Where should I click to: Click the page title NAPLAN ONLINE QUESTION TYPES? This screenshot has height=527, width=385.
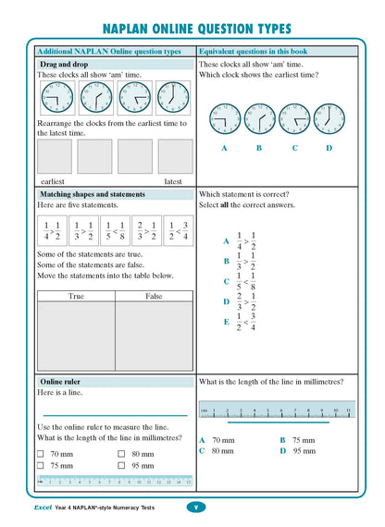click(192, 29)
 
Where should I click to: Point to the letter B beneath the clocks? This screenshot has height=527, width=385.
click(258, 147)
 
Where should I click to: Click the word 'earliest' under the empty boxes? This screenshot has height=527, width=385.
click(53, 181)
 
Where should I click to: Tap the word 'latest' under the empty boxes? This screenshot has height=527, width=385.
click(173, 181)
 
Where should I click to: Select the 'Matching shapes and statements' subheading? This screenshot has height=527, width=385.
click(92, 195)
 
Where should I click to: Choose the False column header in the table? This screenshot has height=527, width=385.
click(154, 296)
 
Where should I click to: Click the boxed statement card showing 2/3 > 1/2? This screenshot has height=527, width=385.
click(145, 231)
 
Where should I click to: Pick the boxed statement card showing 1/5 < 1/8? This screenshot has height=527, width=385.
click(113, 231)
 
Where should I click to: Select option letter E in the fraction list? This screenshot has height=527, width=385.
click(226, 322)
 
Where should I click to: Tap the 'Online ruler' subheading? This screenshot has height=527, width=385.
click(61, 381)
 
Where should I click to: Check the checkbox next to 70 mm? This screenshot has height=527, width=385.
click(42, 454)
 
